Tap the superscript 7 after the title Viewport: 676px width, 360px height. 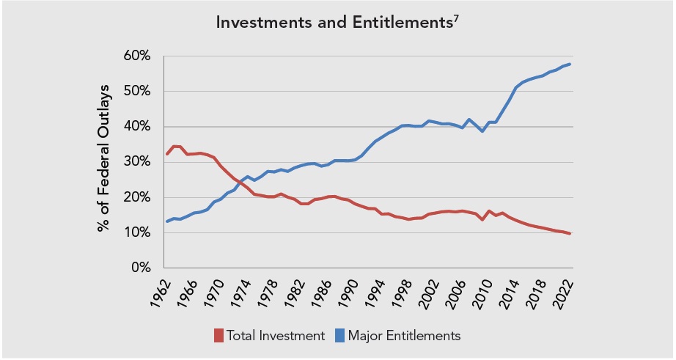(x=457, y=18)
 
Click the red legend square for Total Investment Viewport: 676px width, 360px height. (x=218, y=336)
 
